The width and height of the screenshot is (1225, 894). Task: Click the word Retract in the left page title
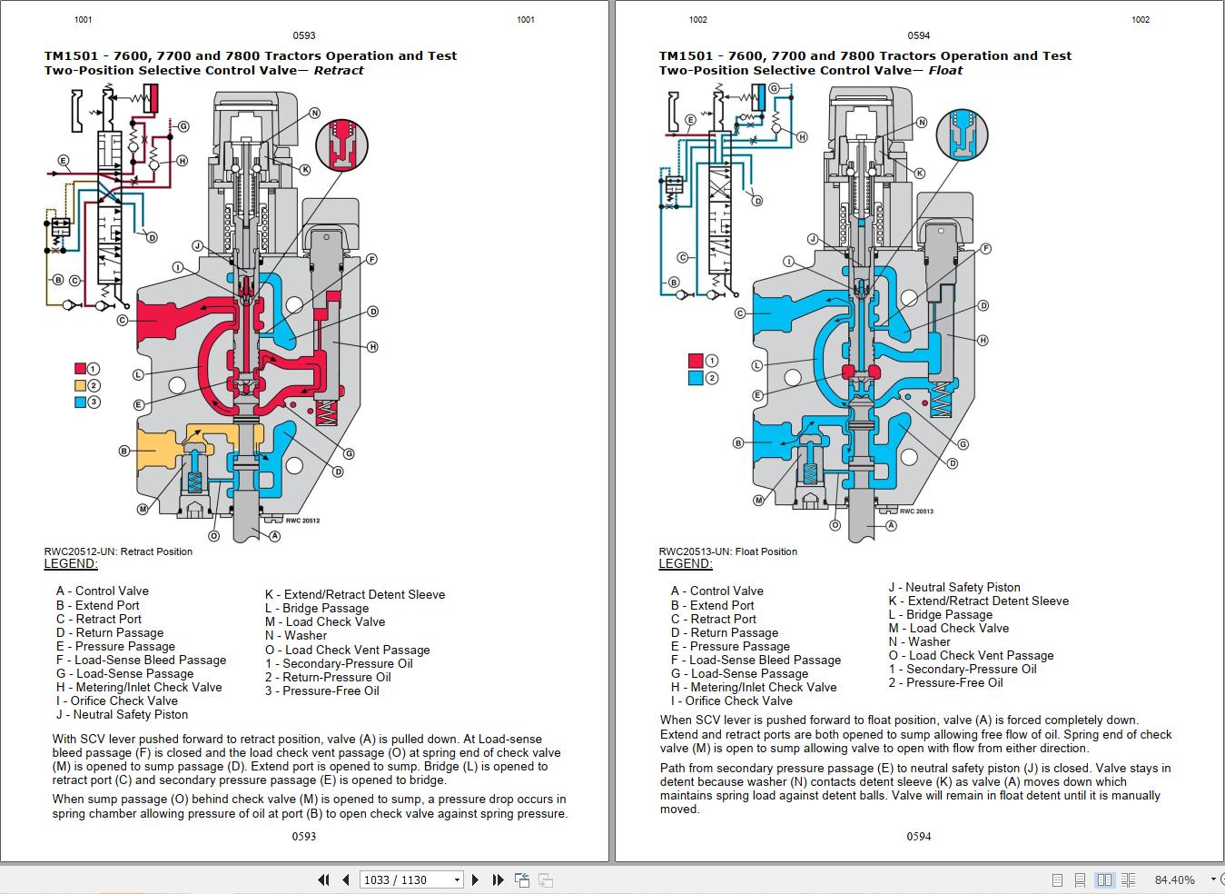click(339, 70)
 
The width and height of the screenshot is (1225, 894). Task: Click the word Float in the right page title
click(945, 70)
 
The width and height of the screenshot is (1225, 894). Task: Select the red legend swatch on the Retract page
click(81, 369)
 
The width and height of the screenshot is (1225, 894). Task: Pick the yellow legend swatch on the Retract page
click(81, 385)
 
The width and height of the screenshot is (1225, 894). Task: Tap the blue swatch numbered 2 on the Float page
click(696, 378)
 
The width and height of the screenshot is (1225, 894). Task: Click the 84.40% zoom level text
click(1174, 879)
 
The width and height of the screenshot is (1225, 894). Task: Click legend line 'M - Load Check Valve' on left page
click(325, 622)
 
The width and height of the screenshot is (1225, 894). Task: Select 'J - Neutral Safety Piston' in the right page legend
click(954, 588)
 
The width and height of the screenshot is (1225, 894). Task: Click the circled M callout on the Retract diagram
click(143, 510)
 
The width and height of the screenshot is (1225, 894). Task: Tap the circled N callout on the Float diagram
click(922, 123)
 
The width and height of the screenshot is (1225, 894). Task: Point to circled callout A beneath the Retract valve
click(275, 537)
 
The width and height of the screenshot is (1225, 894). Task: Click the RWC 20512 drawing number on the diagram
click(302, 521)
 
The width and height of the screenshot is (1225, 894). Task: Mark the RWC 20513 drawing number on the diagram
click(917, 512)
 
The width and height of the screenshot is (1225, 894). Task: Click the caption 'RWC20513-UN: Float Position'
click(728, 551)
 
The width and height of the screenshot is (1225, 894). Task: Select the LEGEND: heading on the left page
click(71, 564)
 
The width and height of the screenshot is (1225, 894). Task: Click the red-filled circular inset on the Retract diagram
click(342, 144)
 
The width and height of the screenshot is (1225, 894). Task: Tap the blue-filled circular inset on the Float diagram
click(962, 134)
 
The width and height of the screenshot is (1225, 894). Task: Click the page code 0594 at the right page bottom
click(919, 837)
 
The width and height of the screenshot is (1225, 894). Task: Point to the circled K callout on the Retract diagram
click(305, 170)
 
